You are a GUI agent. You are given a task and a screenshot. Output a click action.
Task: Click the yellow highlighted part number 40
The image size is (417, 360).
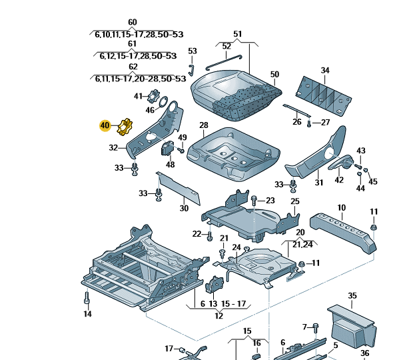click(x=105, y=125)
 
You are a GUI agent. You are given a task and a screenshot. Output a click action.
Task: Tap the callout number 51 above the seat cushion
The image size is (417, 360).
click(x=238, y=34)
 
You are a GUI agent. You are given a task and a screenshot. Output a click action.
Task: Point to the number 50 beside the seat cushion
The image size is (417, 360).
click(x=274, y=74)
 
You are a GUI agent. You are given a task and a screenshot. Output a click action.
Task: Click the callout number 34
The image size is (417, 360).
click(x=325, y=70)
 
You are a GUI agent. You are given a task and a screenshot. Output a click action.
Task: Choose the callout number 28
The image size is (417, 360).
click(x=204, y=125)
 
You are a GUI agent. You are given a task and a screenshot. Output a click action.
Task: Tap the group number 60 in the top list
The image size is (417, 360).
click(x=132, y=23)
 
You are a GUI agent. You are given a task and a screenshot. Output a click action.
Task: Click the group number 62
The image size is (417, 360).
click(x=133, y=67)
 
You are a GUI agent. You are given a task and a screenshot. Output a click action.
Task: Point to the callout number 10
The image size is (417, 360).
click(x=341, y=208)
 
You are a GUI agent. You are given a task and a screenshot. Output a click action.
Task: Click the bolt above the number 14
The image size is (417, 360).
click(x=87, y=297)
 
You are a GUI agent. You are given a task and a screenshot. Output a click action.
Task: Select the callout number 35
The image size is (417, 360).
click(x=352, y=295)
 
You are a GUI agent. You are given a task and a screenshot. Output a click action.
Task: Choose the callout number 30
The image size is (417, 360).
click(x=184, y=208)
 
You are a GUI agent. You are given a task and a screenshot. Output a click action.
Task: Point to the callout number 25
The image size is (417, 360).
click(x=295, y=201)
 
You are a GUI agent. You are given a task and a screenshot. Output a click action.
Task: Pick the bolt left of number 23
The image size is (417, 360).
click(x=254, y=200)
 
